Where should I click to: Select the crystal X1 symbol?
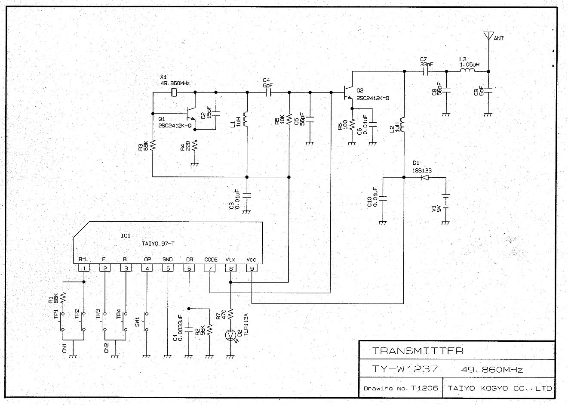tap(174, 92)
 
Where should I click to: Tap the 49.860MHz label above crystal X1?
tap(175, 83)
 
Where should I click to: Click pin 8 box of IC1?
tap(231, 268)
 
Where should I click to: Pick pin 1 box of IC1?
tap(84, 268)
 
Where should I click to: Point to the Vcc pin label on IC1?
tap(252, 260)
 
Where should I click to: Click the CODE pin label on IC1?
tap(210, 260)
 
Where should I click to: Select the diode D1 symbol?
tap(426, 177)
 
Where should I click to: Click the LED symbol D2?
tap(231, 335)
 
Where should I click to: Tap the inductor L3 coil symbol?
tap(467, 71)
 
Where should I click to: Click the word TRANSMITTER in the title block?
tap(418, 351)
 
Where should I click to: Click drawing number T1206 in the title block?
tap(424, 388)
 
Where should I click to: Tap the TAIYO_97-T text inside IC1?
tap(158, 244)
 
